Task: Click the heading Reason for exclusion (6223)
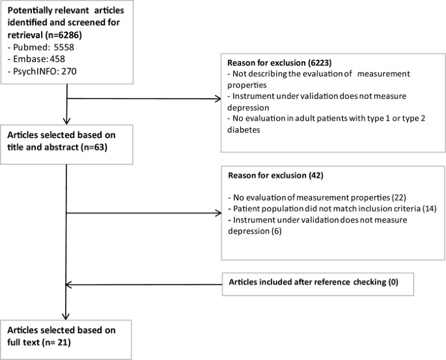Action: tap(277, 64)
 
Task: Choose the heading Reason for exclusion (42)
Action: tap(274, 176)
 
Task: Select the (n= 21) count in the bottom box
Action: tap(51, 342)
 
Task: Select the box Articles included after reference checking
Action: tap(318, 283)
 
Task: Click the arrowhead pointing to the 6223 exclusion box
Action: tap(217, 100)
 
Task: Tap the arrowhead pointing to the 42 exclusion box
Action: tap(217, 212)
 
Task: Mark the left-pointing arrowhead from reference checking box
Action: tap(72, 284)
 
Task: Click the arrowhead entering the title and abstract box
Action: tap(68, 120)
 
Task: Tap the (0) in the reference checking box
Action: tap(391, 283)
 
